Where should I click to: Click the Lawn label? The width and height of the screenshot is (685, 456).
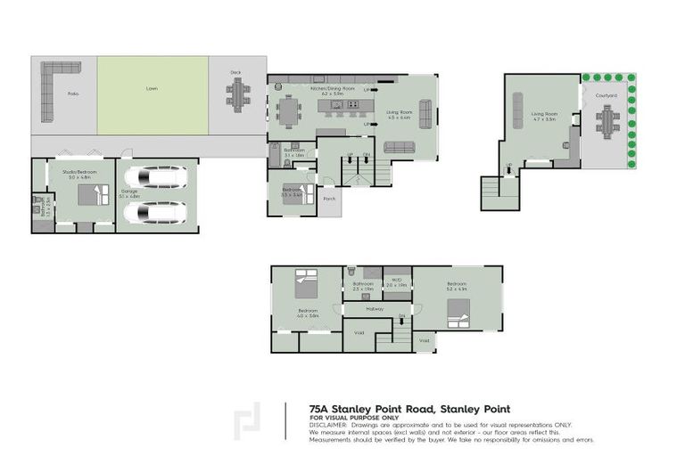pos(153,89)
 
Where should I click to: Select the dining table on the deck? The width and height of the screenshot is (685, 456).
pos(237,94)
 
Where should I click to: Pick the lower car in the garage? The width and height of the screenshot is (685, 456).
pos(157,213)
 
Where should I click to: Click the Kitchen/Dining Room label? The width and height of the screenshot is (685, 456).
pos(332,89)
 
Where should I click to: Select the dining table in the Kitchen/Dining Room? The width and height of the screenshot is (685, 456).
pos(291,111)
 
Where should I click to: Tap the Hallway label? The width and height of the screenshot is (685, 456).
pos(375,309)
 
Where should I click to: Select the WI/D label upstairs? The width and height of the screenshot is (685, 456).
pos(397,280)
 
